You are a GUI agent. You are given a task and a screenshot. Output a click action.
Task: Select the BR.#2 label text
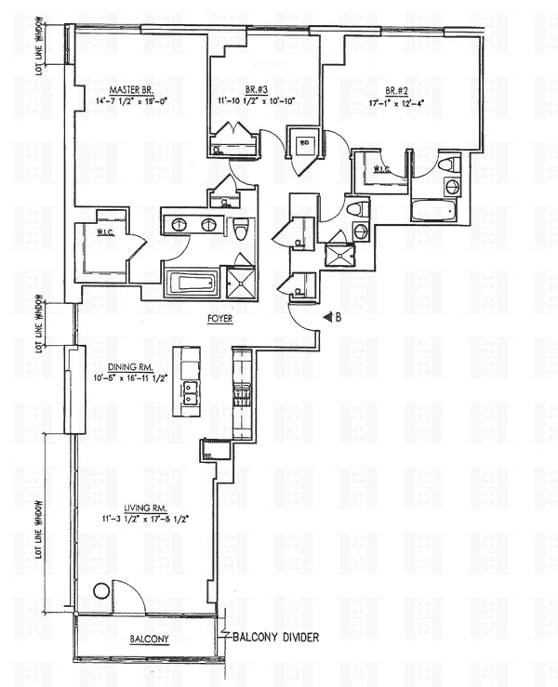398,90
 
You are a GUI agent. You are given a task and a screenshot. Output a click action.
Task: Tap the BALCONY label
148,640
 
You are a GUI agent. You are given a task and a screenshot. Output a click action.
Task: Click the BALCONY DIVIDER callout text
278,638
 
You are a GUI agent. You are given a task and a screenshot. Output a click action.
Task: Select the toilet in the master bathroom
239,227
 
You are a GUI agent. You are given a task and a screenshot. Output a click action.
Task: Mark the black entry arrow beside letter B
327,317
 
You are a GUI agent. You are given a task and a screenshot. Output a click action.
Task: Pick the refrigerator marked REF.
207,453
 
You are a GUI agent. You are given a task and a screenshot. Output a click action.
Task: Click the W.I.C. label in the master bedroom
96,234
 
